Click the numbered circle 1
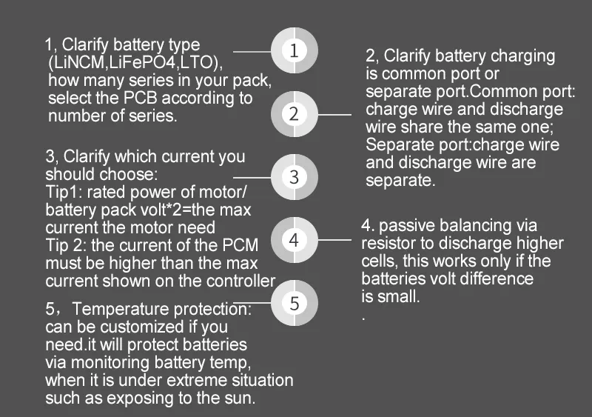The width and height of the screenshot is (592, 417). pos(295,51)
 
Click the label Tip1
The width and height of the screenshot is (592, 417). pos(61,193)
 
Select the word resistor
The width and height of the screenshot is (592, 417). pos(389,244)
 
